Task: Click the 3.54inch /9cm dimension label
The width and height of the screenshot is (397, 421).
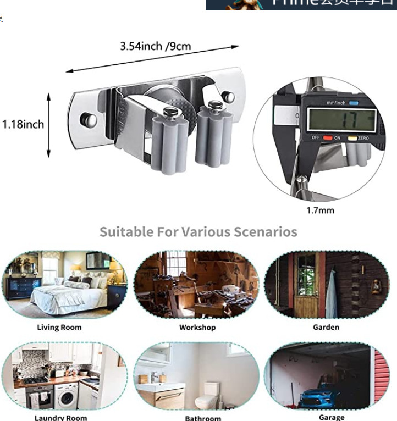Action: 156,46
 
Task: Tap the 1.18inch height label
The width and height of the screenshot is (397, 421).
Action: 23,124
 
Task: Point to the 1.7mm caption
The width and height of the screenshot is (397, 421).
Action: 320,210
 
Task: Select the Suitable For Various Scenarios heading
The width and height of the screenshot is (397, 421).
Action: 198,231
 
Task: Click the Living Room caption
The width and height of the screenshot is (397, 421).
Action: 59,327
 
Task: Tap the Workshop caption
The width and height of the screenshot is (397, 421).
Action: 197,327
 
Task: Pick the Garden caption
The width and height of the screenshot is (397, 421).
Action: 326,327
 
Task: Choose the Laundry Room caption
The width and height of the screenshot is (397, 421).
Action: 60,418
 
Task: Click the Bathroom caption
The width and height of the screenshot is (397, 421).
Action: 203,418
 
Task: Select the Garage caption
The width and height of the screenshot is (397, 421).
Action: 332,417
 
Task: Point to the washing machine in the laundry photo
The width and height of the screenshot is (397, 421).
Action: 65,396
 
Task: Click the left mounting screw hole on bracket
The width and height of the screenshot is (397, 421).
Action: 85,120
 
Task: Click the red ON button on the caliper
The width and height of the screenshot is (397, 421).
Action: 328,137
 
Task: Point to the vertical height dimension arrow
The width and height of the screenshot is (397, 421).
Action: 49,125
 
